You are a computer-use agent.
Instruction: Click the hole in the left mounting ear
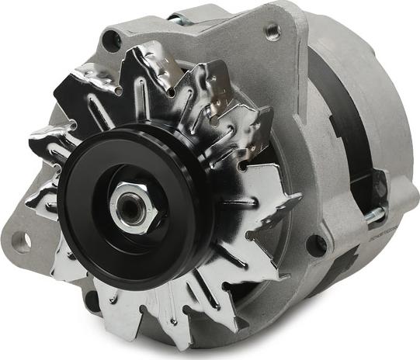pos(21,242)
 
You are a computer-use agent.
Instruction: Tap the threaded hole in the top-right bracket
pos(272,31)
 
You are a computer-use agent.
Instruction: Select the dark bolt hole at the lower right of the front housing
pos(315,245)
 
